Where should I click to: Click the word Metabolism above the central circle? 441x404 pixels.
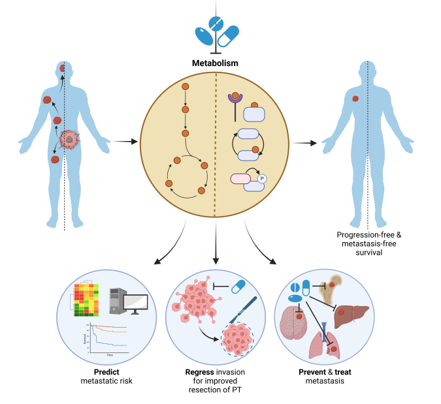tap(214, 63)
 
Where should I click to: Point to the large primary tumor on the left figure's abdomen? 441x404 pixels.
tap(69, 139)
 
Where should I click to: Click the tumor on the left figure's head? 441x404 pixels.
tap(62, 68)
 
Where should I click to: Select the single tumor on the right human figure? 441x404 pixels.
tap(355, 99)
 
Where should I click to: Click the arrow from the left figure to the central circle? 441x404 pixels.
tap(125, 141)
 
